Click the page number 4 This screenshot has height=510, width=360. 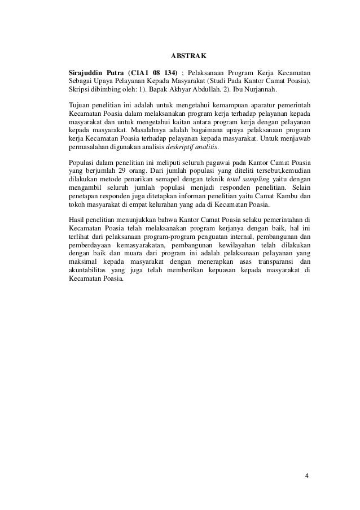tap(306, 475)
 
